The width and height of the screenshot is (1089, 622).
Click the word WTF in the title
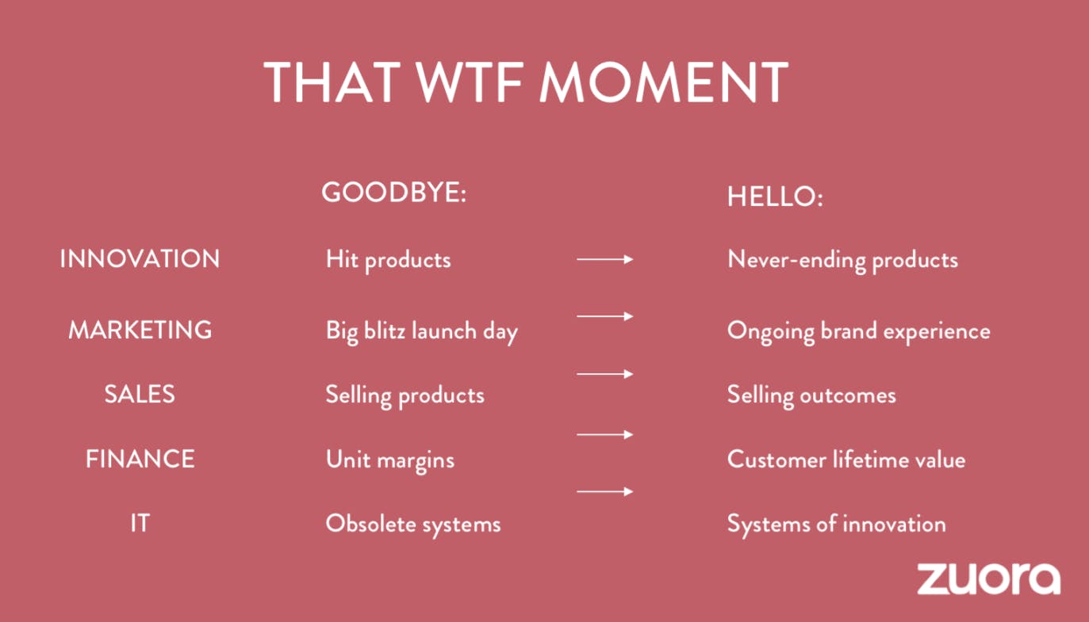pos(470,82)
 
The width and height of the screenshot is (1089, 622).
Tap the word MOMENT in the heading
pos(664,82)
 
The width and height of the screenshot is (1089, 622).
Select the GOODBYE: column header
pos(393,193)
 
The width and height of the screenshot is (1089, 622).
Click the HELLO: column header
pos(775,197)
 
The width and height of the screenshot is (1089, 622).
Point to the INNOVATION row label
pos(140,258)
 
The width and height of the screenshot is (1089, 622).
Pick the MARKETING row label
pos(140,330)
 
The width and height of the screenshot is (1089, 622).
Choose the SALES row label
pos(140,394)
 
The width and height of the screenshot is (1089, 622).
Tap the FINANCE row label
pos(140,459)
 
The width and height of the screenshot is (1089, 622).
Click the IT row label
pos(140,524)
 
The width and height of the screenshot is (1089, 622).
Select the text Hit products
pos(389,260)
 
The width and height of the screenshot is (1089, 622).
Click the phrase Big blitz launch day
pos(421,332)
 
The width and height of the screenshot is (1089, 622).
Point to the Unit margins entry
pos(390,460)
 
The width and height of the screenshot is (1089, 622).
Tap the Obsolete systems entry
pos(413,525)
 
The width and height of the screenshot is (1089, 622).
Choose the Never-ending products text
pos(843,260)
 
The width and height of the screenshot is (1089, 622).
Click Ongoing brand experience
pos(858,332)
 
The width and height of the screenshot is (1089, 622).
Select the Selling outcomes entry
pos(811,395)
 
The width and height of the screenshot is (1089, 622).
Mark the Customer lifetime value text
pos(846,460)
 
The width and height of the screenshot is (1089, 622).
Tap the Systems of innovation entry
pos(837,525)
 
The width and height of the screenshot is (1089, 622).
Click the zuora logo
pos(988,578)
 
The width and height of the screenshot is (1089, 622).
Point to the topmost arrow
pos(605,259)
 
